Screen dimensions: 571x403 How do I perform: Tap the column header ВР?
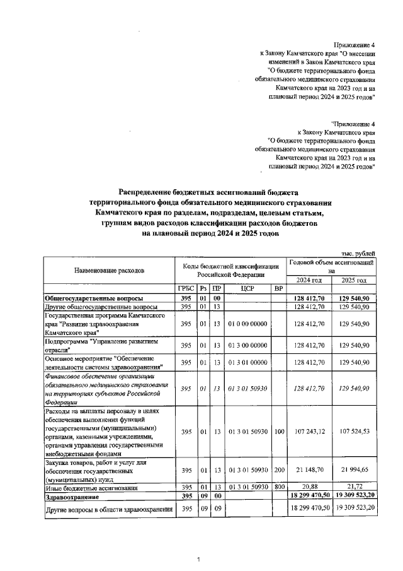pyautogui.click(x=277, y=288)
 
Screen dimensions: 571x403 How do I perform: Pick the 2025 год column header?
pyautogui.click(x=354, y=280)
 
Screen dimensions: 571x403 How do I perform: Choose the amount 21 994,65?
pyautogui.click(x=357, y=470)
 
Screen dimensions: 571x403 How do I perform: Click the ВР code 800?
pyautogui.click(x=278, y=488)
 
